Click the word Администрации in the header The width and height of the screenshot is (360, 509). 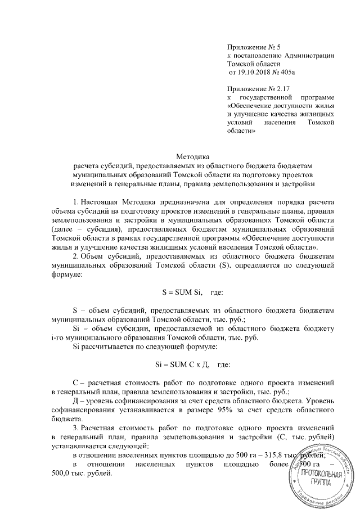point(310,55)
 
